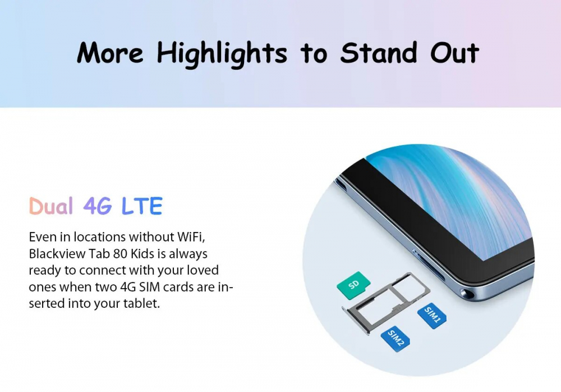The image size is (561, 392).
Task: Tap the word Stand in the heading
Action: point(379,53)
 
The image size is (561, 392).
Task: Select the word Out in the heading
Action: point(454,53)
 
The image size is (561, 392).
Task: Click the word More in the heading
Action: point(110,53)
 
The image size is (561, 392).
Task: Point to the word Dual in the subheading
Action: point(51,206)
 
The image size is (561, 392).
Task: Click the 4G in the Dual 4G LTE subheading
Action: point(97,206)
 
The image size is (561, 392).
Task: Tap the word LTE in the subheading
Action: point(142,206)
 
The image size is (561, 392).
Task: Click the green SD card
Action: point(353,285)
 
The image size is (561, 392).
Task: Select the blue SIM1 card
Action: point(432,315)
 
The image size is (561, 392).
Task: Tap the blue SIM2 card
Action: point(396,338)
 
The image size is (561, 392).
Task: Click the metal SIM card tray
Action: point(386,303)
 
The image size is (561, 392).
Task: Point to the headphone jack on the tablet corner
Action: point(468,294)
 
